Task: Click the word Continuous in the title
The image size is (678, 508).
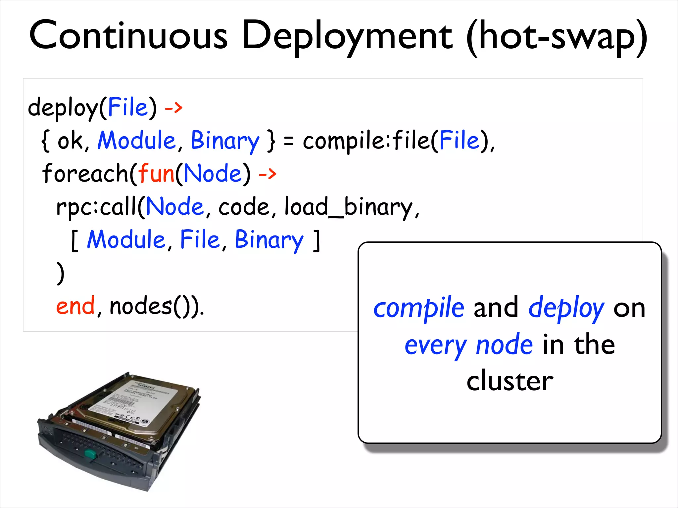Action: click(128, 36)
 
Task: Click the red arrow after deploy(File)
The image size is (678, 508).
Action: click(173, 107)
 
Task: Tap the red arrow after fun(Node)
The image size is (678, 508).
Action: click(267, 173)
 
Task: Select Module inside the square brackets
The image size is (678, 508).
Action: click(126, 239)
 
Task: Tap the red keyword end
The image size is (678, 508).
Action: click(75, 306)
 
